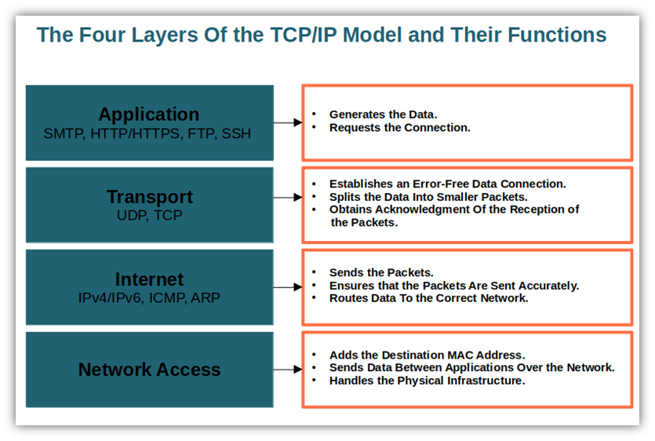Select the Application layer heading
point(149,115)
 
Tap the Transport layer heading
point(149,196)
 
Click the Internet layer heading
point(149,279)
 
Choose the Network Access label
point(149,370)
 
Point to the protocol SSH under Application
point(236,134)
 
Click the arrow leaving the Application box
point(288,122)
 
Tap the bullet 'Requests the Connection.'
point(399,127)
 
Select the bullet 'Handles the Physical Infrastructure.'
point(427,381)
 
